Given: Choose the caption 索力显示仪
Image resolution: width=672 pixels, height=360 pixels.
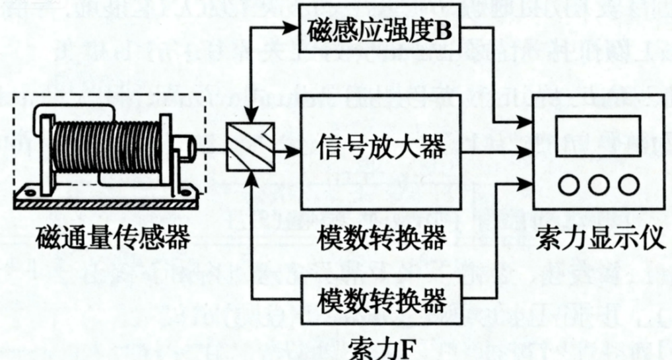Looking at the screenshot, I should (599, 236).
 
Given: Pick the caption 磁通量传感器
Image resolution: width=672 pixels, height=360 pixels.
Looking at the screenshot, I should (105, 236).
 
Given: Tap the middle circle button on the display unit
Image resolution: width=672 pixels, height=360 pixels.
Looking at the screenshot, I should (598, 185).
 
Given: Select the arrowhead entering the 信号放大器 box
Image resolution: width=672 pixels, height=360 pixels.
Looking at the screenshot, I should (295, 153).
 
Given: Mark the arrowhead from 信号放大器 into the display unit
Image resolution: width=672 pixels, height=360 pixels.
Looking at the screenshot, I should (526, 153).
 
